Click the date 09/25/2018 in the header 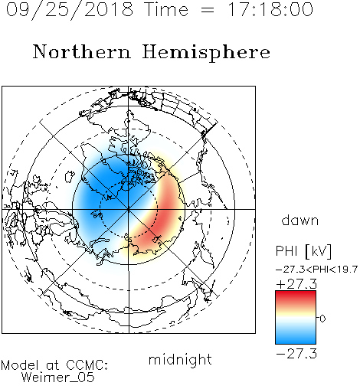click(70, 10)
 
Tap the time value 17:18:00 click(270, 9)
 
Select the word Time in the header click(166, 9)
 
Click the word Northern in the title click(82, 51)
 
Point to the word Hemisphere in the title click(206, 52)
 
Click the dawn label click(300, 220)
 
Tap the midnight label click(180, 359)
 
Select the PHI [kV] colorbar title click(303, 251)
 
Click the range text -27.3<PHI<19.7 click(316, 270)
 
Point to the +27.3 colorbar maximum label click(296, 284)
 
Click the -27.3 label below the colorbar click(296, 354)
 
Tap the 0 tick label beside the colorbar click(322, 319)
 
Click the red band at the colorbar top click(296, 296)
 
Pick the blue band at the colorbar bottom click(296, 338)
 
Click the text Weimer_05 click(58, 378)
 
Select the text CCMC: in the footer click(87, 365)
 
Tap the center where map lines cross click(129, 209)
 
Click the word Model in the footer click(20, 365)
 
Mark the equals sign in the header click(208, 11)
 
